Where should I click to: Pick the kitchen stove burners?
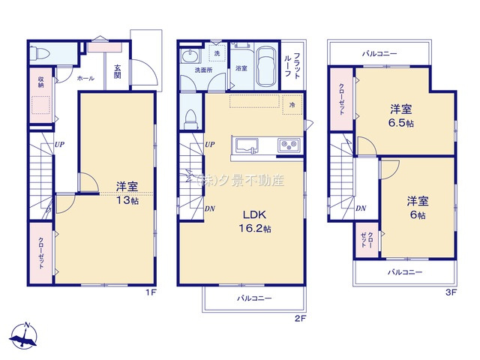288,145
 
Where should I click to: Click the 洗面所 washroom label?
203,70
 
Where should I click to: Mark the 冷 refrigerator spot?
292,105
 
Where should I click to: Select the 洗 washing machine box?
217,54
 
